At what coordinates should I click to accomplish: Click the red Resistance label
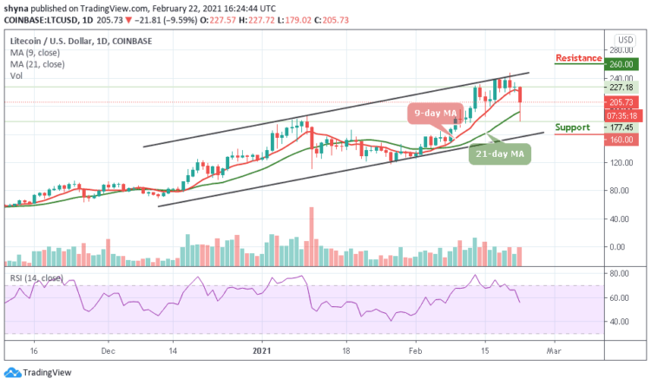(x=578, y=58)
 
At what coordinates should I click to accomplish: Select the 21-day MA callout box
(x=501, y=154)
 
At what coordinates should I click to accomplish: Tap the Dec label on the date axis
(x=108, y=353)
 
